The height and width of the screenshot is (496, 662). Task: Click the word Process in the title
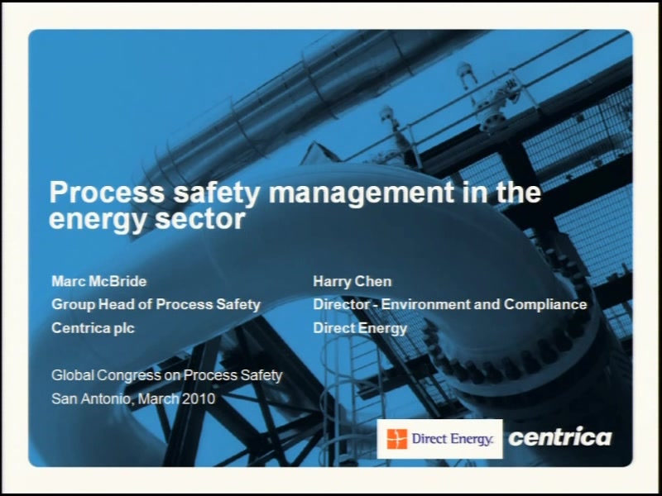coord(107,193)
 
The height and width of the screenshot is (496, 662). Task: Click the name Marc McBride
coord(98,281)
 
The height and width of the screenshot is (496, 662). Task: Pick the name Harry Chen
coord(353,282)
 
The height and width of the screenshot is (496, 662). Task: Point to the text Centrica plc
coord(93,328)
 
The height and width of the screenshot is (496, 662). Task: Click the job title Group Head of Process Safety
coord(156,304)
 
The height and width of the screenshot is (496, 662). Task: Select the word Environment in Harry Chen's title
coord(425,304)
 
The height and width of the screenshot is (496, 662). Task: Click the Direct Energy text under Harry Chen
coord(360,328)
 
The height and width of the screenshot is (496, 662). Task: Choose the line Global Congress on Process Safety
coord(167,375)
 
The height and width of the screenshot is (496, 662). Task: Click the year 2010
coord(199,398)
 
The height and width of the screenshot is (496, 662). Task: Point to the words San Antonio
coord(91,399)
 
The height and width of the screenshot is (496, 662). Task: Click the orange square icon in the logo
coord(397,439)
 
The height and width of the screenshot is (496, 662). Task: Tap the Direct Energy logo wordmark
coord(452,440)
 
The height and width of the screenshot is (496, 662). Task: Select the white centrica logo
coord(560,436)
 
